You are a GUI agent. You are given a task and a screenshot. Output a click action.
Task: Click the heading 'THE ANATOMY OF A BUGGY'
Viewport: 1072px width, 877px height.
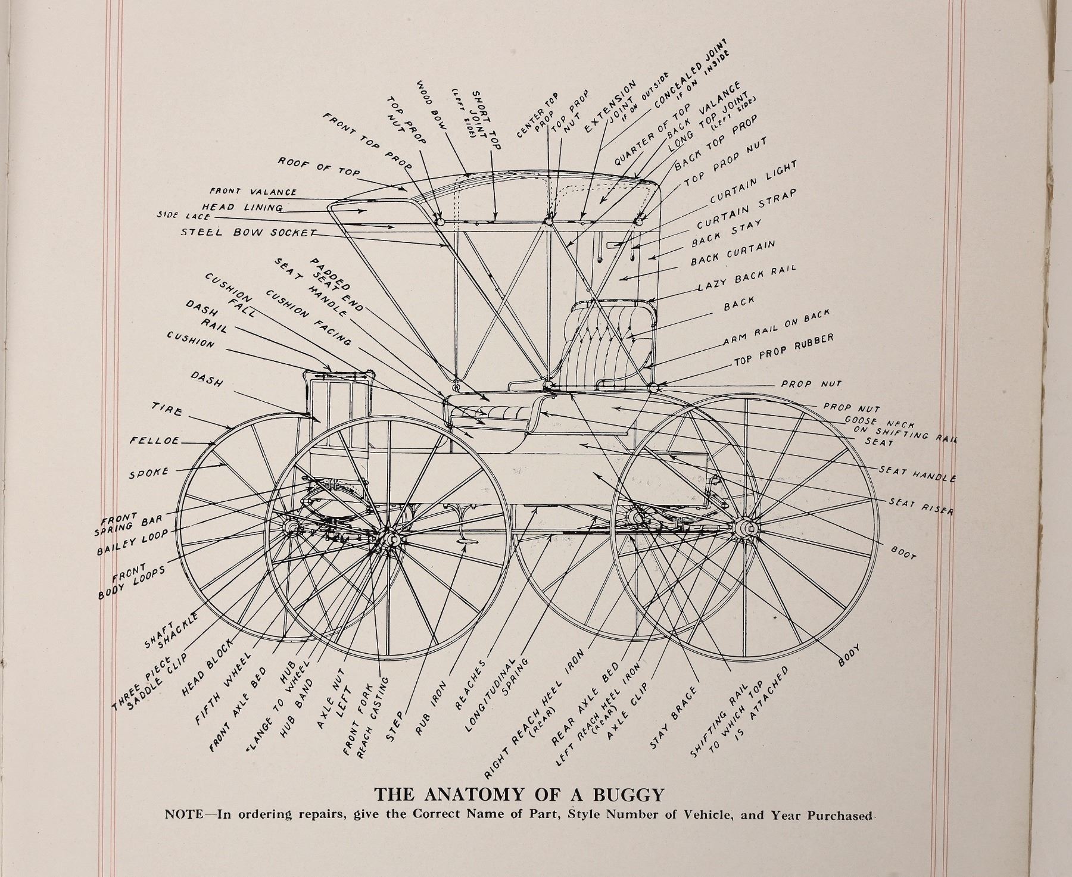[x=519, y=794]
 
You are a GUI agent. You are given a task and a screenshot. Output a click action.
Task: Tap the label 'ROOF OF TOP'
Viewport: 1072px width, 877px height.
[x=319, y=167]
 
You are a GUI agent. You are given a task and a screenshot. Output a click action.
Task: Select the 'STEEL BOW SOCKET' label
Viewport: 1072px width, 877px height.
[x=247, y=233]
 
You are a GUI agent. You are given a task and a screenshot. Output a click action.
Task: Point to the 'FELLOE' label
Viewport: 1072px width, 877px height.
[x=154, y=441]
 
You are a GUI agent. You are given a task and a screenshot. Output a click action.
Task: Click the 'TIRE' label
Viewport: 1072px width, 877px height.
[x=167, y=410]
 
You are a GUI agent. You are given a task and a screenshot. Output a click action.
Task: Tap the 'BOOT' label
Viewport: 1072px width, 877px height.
[x=903, y=552]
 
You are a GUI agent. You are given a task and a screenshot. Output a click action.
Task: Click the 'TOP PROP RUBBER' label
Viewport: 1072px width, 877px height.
[x=783, y=350]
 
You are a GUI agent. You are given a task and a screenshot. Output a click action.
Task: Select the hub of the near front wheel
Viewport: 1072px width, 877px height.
[x=390, y=539]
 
